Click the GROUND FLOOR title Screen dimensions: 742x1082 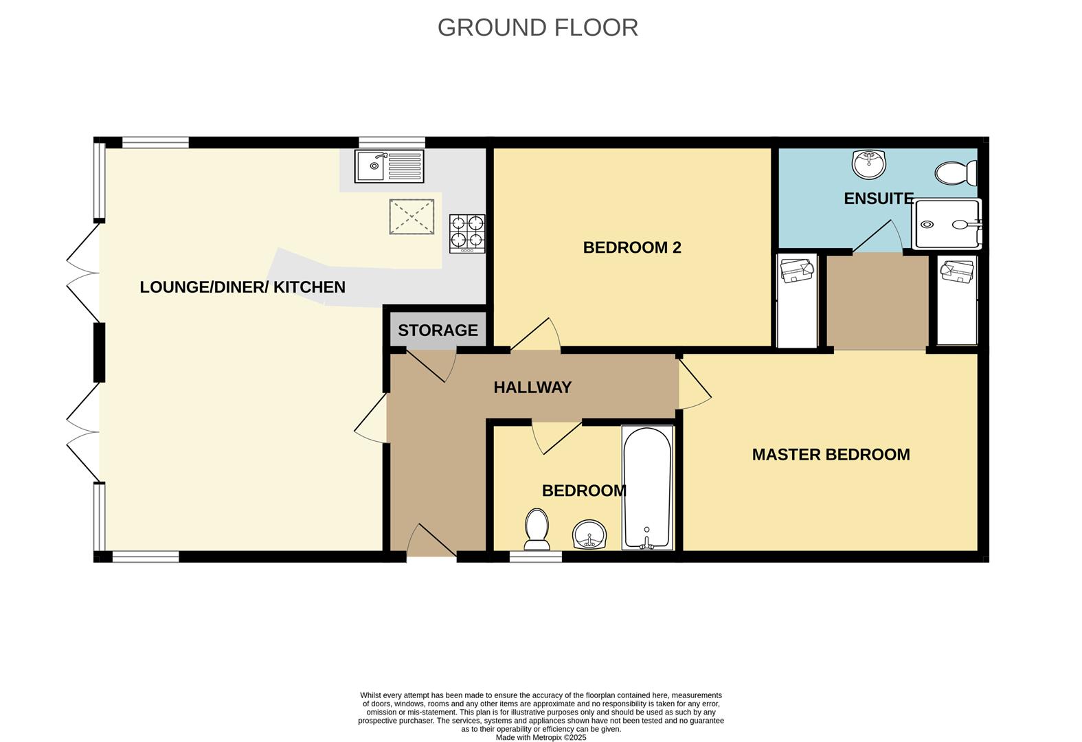point(537,27)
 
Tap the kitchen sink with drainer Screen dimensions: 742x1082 point(389,166)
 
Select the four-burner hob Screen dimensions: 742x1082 point(467,233)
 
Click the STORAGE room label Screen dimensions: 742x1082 point(438,330)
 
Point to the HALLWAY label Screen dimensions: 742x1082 point(532,387)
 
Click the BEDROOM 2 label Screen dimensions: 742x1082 point(631,247)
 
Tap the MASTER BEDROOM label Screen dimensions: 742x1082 point(831,454)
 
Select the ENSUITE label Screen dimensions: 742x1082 point(878,199)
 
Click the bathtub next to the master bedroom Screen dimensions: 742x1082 point(647,487)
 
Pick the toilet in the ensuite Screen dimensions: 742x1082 point(955,173)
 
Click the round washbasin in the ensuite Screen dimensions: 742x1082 point(869,164)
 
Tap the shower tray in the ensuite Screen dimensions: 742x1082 point(946,224)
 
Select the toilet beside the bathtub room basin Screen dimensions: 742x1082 point(537,529)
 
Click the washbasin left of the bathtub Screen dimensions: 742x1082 point(589,535)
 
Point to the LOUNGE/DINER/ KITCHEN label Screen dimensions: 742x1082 point(243,287)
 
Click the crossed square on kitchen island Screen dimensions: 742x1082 point(412,217)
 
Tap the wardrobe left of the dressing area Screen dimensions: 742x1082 point(797,300)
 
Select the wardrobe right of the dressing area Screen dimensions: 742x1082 point(957,300)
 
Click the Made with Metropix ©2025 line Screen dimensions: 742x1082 point(541,737)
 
